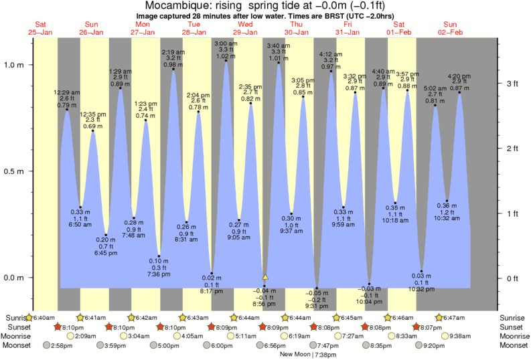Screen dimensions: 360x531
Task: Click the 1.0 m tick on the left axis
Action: click(14, 65)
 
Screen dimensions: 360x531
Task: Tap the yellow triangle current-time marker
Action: click(265, 276)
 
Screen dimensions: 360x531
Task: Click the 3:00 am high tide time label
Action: click(225, 43)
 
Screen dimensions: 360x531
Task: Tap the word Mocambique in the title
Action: click(176, 5)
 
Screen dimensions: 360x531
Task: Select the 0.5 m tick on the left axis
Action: click(14, 171)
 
